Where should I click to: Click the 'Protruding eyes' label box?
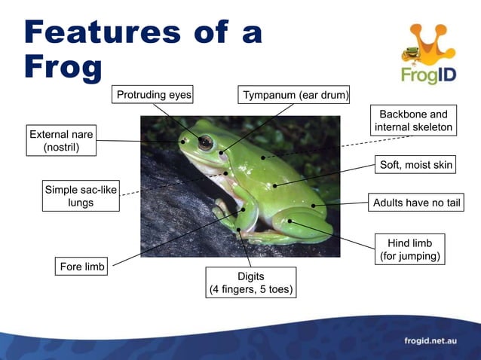pos(153,95)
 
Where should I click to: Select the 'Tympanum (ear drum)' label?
pos(295,96)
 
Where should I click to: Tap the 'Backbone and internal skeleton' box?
pos(413,121)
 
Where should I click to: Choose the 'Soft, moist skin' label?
pos(417,165)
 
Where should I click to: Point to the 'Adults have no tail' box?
pos(416,203)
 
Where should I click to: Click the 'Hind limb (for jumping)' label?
pos(410,250)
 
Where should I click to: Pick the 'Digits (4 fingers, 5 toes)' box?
pos(251,282)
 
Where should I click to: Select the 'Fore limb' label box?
pos(82,267)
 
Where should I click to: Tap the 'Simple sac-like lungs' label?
pos(81,196)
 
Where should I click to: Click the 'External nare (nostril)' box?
pos(61,141)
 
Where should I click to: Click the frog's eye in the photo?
pos(205,142)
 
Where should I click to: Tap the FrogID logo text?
pos(427,75)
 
